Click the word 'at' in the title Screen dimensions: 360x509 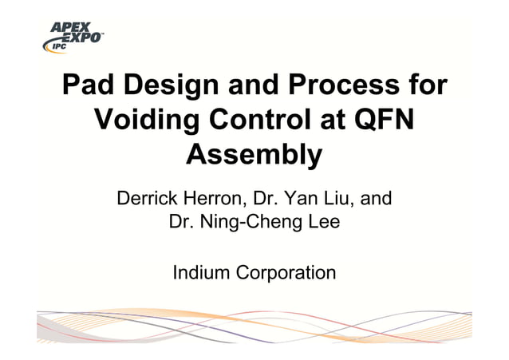(x=333, y=121)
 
